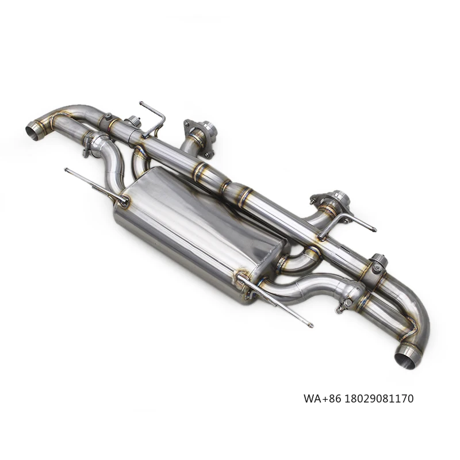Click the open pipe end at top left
34,130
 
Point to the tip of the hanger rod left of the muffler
67,170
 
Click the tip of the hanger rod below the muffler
310,325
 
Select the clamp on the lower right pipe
348,300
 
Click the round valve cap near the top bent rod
133,122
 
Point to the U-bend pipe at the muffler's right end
299,262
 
